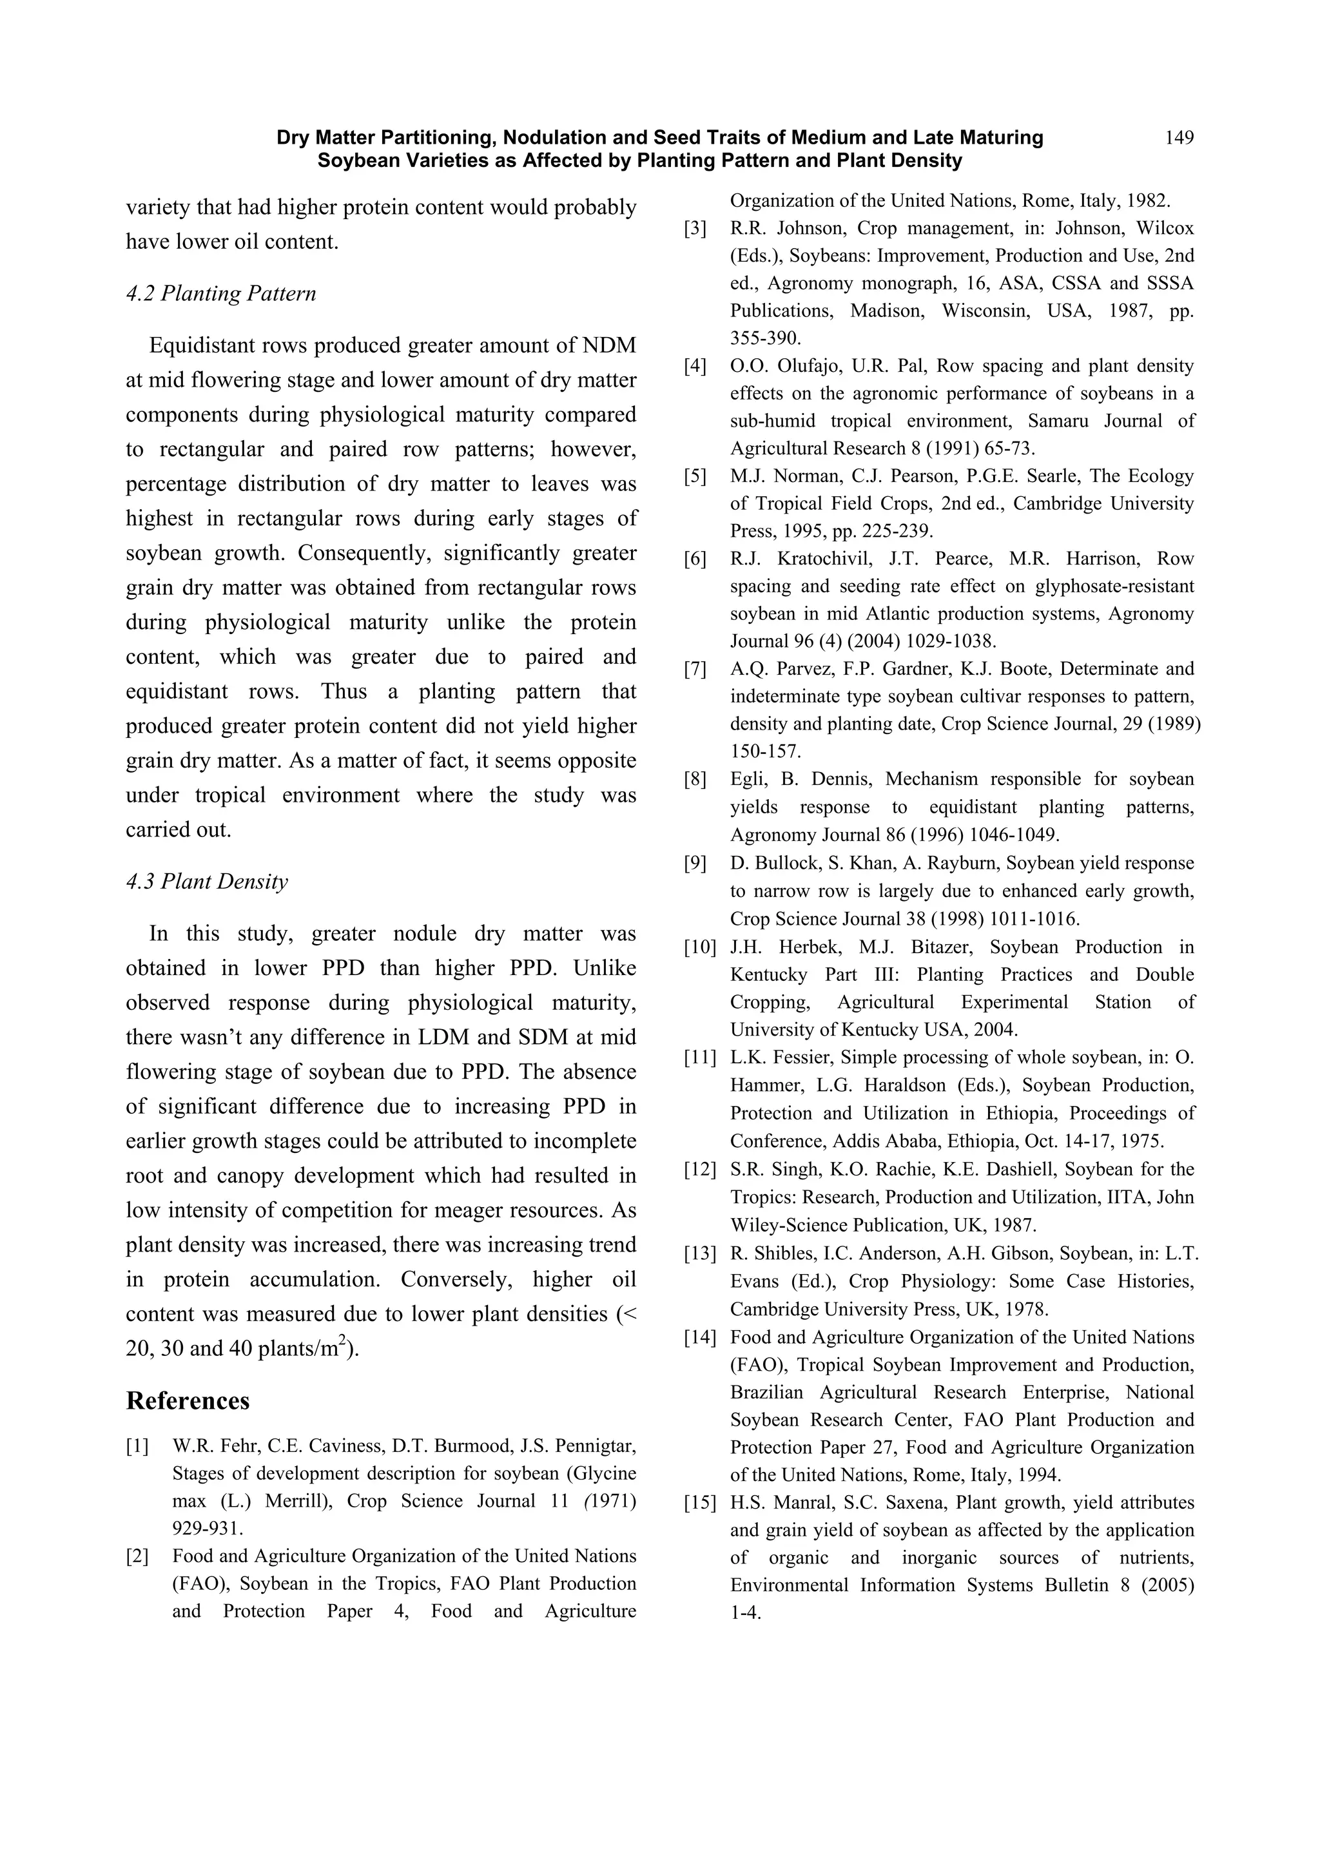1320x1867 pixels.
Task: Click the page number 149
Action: pyautogui.click(x=1178, y=137)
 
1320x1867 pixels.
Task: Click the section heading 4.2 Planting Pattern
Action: pyautogui.click(x=220, y=293)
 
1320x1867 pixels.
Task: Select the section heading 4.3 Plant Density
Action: pyautogui.click(x=207, y=882)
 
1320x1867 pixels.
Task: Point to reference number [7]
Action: pyautogui.click(x=695, y=669)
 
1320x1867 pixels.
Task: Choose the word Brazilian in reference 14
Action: pyautogui.click(x=768, y=1392)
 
